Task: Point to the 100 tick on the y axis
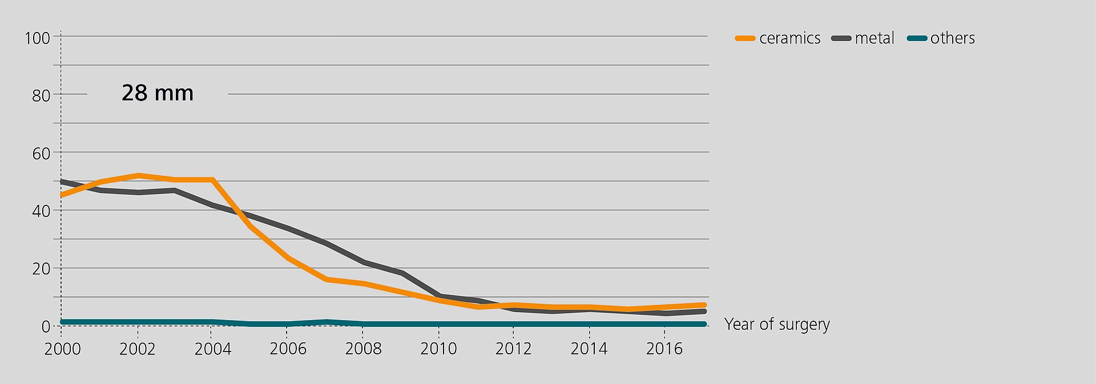[x=37, y=38]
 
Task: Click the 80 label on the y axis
[x=41, y=95]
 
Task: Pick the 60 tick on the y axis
[x=41, y=153]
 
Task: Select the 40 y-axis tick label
[x=41, y=211]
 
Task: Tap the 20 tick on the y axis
[x=41, y=269]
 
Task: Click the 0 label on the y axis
[x=46, y=326]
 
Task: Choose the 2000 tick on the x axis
[x=62, y=349]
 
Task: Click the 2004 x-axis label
[x=212, y=349]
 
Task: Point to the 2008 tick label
[x=363, y=349]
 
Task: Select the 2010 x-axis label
[x=438, y=349]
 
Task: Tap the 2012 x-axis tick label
[x=513, y=349]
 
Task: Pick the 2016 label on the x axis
[x=664, y=349]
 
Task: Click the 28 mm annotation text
[x=158, y=93]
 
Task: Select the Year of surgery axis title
[x=777, y=324]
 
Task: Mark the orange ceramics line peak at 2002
[x=138, y=175]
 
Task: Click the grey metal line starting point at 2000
[x=62, y=181]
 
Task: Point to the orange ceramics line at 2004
[x=212, y=180]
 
